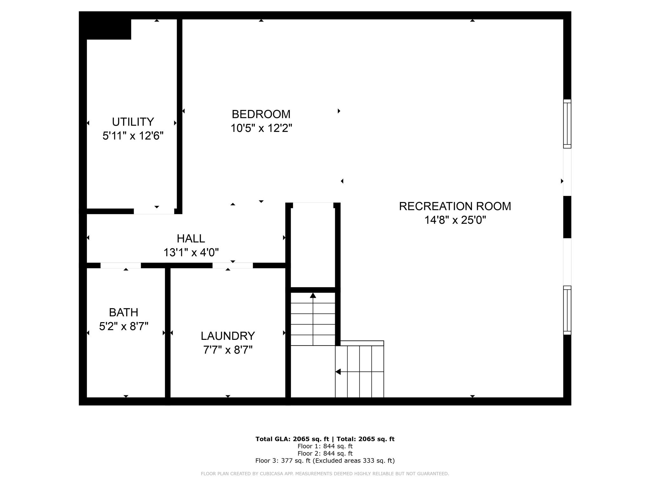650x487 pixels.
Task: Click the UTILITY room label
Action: click(133, 122)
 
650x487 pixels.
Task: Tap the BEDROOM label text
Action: click(261, 114)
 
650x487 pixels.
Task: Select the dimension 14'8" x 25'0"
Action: click(455, 220)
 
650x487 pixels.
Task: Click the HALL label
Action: click(191, 238)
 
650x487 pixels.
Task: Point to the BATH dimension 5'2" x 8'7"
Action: click(124, 326)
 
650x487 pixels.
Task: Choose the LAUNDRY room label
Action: click(228, 336)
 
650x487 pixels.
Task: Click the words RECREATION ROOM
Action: click(455, 206)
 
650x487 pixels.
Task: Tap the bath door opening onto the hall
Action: click(121, 265)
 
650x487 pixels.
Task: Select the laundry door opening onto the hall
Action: click(233, 265)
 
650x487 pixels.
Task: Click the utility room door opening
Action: click(154, 211)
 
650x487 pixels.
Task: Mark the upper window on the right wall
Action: click(567, 124)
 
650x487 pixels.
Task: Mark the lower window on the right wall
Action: click(567, 310)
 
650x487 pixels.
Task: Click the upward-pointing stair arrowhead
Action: click(313, 295)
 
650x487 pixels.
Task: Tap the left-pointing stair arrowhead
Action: click(338, 372)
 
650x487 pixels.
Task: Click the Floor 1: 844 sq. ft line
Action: click(325, 446)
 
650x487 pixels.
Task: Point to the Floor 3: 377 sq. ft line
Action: click(325, 461)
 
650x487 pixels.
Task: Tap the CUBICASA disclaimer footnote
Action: click(325, 474)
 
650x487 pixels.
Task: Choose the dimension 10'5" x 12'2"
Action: click(261, 128)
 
